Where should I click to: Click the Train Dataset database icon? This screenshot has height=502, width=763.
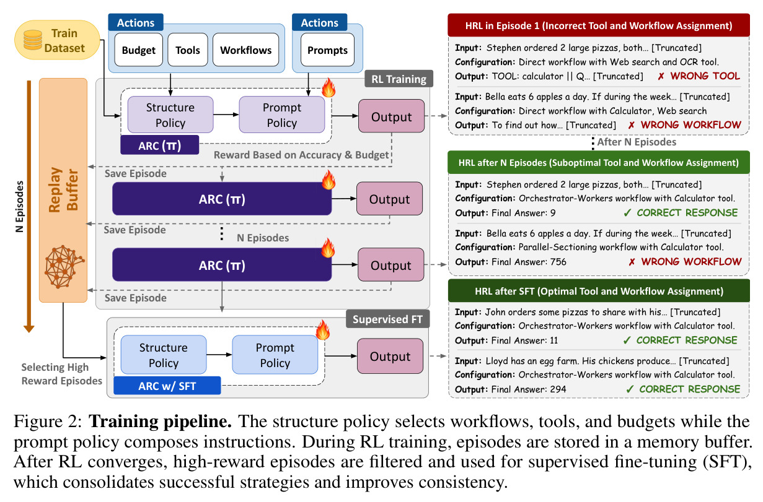click(x=33, y=40)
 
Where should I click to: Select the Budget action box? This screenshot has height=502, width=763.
click(x=139, y=50)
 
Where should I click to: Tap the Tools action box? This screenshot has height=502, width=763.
click(x=188, y=50)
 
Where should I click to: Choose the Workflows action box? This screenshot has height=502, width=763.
click(x=245, y=50)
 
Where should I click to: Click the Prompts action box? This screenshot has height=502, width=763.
click(x=327, y=50)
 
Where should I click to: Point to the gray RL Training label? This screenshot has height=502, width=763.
click(x=399, y=79)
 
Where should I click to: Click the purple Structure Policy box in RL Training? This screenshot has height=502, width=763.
click(x=170, y=115)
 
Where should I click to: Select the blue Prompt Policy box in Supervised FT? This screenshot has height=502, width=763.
click(x=275, y=355)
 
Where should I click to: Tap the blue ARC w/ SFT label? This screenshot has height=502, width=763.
click(x=167, y=386)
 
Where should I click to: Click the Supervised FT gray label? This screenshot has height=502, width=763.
click(x=387, y=319)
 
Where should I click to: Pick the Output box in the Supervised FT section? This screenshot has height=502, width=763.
click(x=390, y=356)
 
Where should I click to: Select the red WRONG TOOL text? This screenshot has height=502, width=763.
click(x=705, y=76)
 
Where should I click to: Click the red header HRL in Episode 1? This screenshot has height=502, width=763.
click(x=599, y=25)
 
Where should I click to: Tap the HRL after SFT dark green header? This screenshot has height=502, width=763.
click(x=599, y=291)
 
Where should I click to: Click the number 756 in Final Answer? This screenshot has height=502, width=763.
click(x=558, y=262)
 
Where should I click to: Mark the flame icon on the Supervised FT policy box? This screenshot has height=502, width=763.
click(x=322, y=330)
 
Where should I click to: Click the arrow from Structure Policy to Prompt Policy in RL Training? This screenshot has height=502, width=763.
click(x=226, y=115)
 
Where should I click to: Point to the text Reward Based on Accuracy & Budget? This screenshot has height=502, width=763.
click(x=301, y=155)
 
